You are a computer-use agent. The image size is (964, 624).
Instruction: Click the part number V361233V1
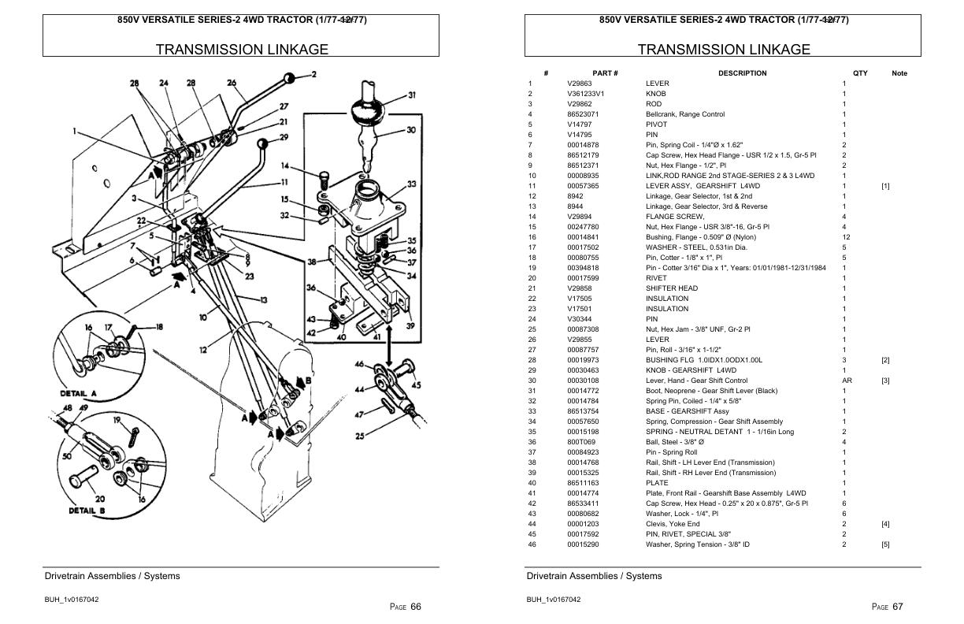[585, 94]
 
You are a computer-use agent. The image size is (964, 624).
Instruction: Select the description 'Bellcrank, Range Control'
[684, 114]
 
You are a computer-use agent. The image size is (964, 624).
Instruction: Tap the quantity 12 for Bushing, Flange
[845, 237]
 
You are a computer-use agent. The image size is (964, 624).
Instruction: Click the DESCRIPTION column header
[742, 73]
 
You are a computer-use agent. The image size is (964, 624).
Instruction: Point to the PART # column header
[605, 73]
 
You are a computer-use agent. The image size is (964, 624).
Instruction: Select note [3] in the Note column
[885, 381]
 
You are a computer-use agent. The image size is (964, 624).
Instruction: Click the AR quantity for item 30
[847, 381]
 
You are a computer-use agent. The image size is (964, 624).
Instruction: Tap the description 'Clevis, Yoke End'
[672, 524]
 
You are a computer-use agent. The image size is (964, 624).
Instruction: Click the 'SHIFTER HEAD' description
[671, 288]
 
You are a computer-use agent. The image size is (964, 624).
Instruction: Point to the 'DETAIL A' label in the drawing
[78, 393]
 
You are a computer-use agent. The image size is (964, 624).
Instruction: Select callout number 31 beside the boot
[411, 95]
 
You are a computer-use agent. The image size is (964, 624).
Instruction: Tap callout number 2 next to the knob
[313, 75]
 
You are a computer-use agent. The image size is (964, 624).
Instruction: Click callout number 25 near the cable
[360, 436]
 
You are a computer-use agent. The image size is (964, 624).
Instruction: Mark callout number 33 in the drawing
[411, 184]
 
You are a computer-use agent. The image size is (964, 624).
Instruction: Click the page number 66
[416, 606]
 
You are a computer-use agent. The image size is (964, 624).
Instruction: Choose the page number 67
[898, 606]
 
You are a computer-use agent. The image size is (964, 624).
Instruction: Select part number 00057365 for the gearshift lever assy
[583, 186]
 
